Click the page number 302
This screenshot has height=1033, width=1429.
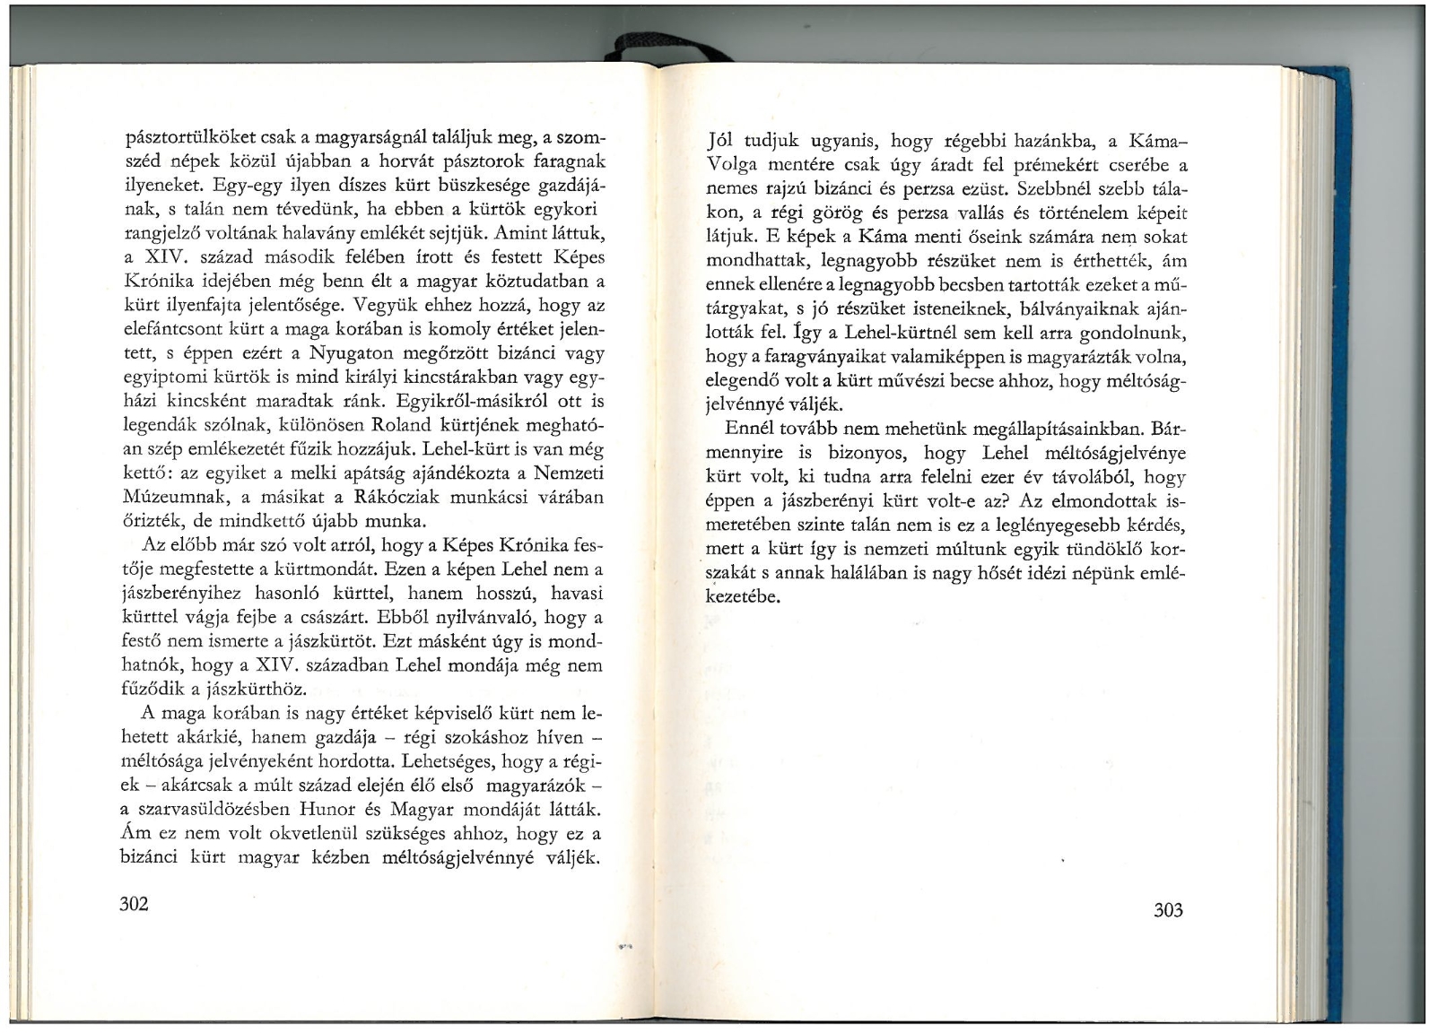134,903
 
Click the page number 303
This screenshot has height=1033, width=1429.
1169,910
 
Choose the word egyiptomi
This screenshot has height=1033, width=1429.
160,377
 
